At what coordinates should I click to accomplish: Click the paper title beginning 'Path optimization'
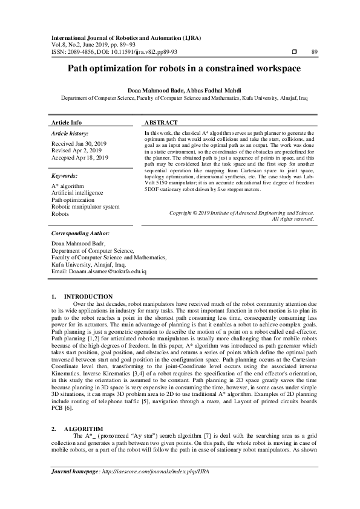pyautogui.click(x=180, y=69)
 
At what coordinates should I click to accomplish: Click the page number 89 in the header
pyautogui.click(x=314, y=52)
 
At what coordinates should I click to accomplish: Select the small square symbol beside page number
pyautogui.click(x=294, y=52)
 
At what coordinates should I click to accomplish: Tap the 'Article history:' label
pyautogui.click(x=70, y=132)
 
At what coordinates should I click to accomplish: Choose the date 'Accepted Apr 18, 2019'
pyautogui.click(x=80, y=158)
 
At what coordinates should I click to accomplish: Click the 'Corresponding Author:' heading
pyautogui.click(x=80, y=233)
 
